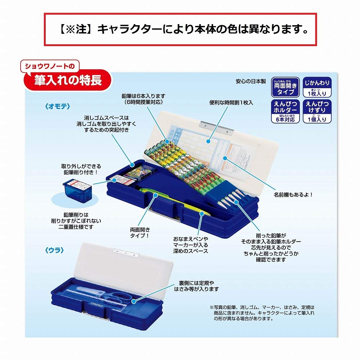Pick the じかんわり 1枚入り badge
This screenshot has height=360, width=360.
(x=316, y=86)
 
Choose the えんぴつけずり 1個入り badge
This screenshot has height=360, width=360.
(x=316, y=111)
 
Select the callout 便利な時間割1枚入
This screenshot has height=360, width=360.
(x=231, y=103)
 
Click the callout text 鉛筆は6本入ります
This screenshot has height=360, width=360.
(x=143, y=96)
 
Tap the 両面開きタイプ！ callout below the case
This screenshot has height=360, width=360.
(x=140, y=233)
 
